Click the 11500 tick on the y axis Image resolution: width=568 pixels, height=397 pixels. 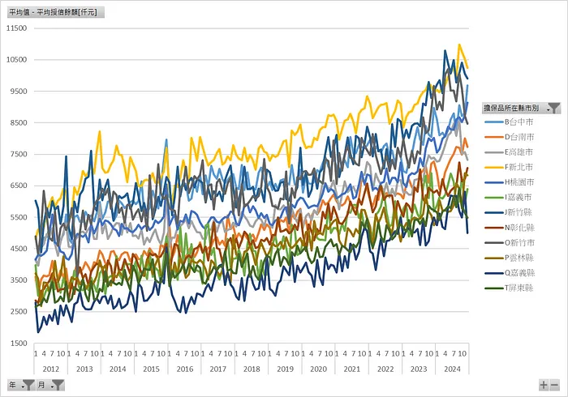coord(16,28)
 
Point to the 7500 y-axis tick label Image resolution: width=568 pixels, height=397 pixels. coord(18,154)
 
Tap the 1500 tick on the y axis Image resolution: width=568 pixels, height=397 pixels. coord(18,343)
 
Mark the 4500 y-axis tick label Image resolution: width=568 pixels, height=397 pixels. coord(18,249)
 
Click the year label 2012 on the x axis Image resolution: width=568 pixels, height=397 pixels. coord(50,369)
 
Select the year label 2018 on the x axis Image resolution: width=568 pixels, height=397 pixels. coord(251,369)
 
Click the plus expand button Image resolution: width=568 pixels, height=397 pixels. coord(544,385)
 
